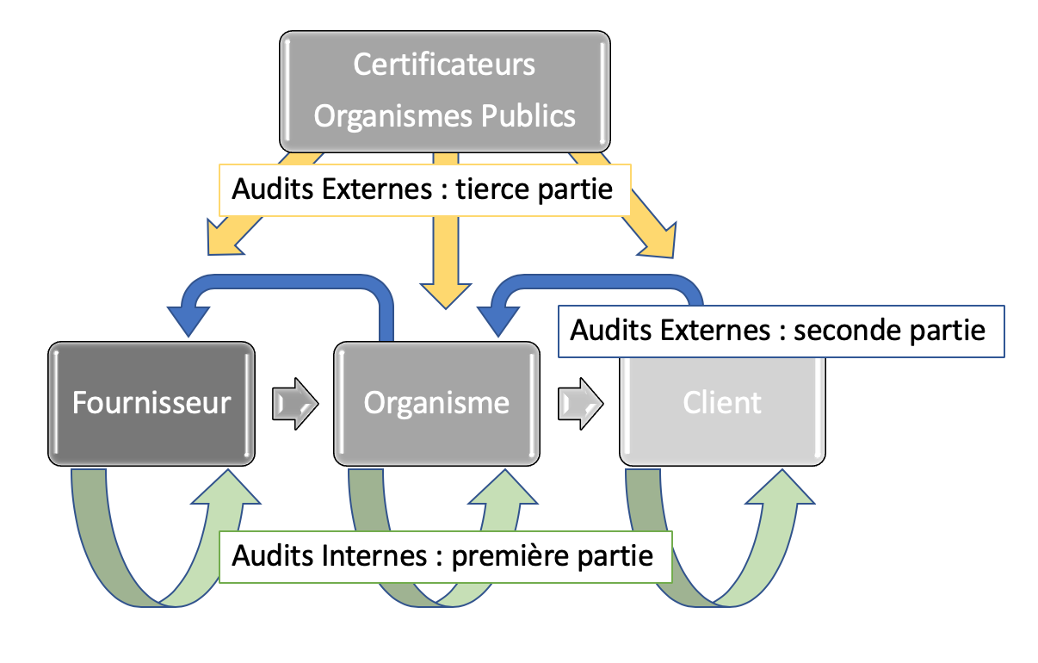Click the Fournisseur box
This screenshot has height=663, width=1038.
point(151,403)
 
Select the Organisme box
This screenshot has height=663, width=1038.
point(436,403)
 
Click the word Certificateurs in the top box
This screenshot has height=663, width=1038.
point(444,65)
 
